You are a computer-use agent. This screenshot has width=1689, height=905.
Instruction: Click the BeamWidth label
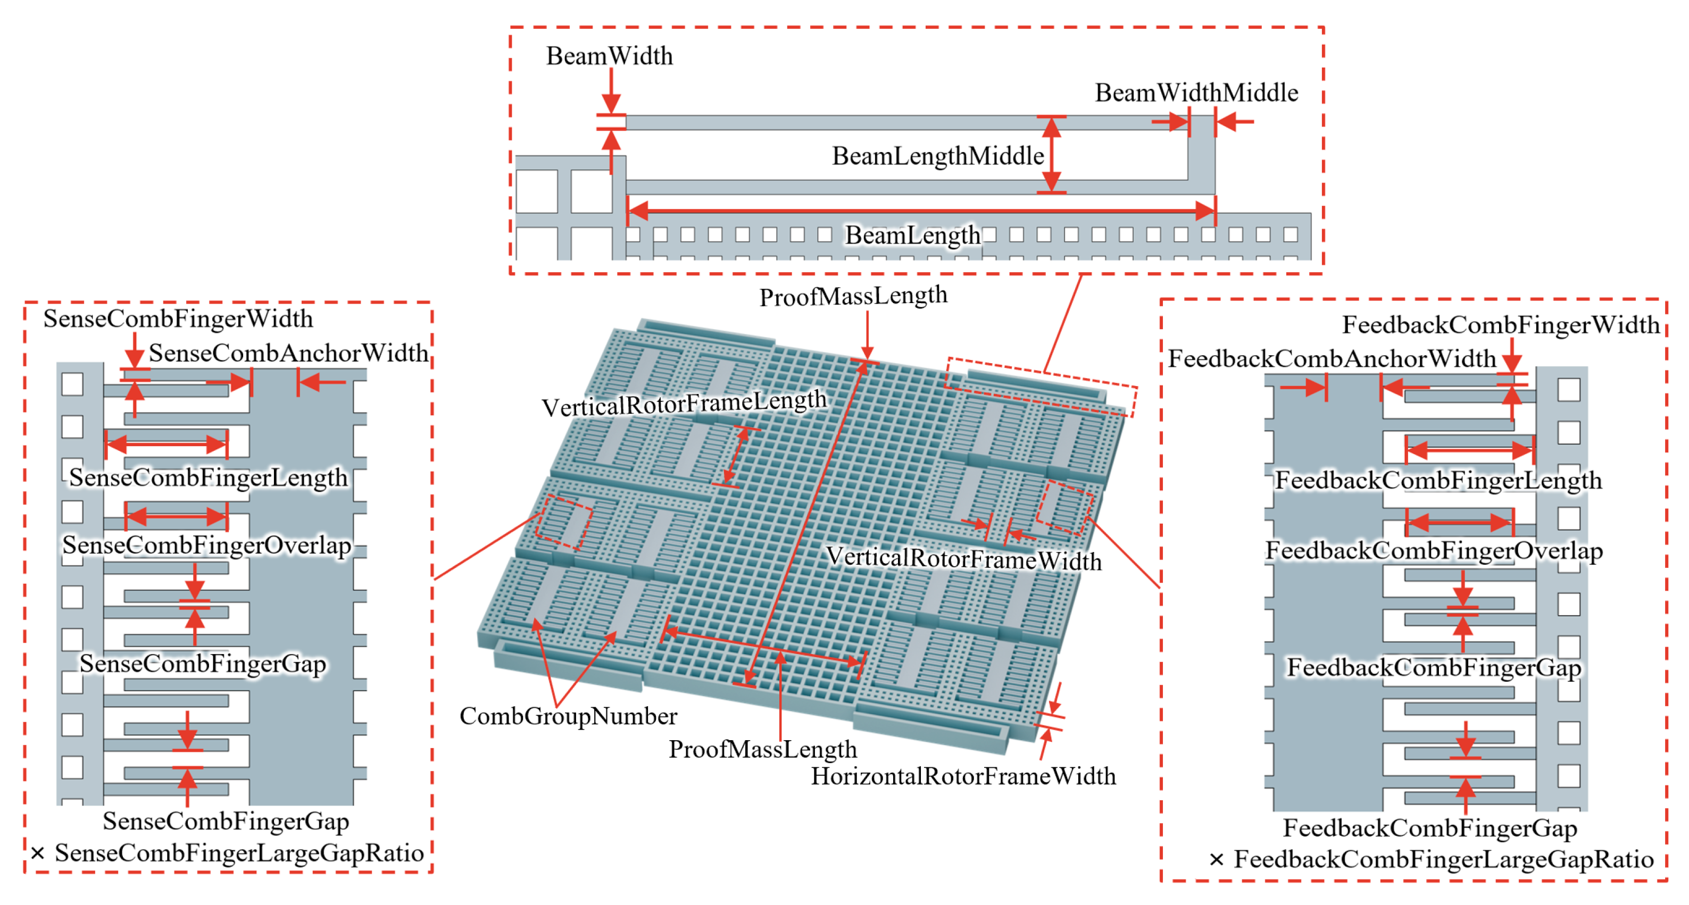(609, 56)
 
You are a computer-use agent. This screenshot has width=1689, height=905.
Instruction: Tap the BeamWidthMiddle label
(1196, 93)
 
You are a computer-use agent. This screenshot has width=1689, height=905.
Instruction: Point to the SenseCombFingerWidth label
(178, 319)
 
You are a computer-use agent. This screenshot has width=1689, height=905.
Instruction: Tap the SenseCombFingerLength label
(208, 477)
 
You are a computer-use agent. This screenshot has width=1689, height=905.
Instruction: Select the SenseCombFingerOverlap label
(206, 545)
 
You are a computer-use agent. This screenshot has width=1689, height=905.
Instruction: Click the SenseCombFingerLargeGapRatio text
(239, 853)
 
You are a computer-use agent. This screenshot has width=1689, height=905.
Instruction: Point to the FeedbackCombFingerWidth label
(1500, 325)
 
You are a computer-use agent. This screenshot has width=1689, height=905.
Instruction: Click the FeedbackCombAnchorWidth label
(1332, 359)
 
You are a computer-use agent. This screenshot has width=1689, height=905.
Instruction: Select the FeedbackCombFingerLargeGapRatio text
(1443, 860)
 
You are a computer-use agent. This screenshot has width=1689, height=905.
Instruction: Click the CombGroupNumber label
(568, 716)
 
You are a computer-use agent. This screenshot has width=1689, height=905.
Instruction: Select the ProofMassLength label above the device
(853, 296)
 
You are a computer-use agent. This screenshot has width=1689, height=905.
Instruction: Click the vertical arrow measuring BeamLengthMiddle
(1051, 155)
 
